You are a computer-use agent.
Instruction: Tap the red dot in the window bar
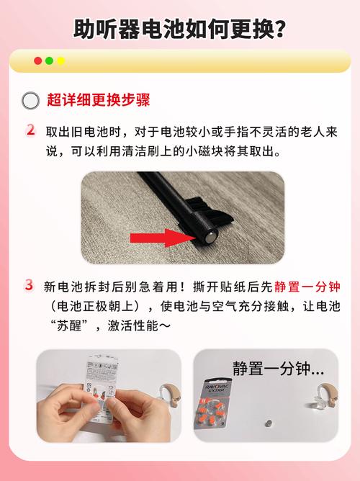coord(37,61)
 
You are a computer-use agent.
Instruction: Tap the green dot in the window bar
coord(49,61)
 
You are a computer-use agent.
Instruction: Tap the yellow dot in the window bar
coord(60,61)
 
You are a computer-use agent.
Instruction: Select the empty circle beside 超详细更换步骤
coord(30,101)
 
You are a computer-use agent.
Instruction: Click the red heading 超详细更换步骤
coord(99,100)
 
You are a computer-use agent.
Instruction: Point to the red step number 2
coord(30,131)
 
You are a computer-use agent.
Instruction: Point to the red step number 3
coord(30,285)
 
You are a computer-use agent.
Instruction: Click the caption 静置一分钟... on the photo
coord(278,368)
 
